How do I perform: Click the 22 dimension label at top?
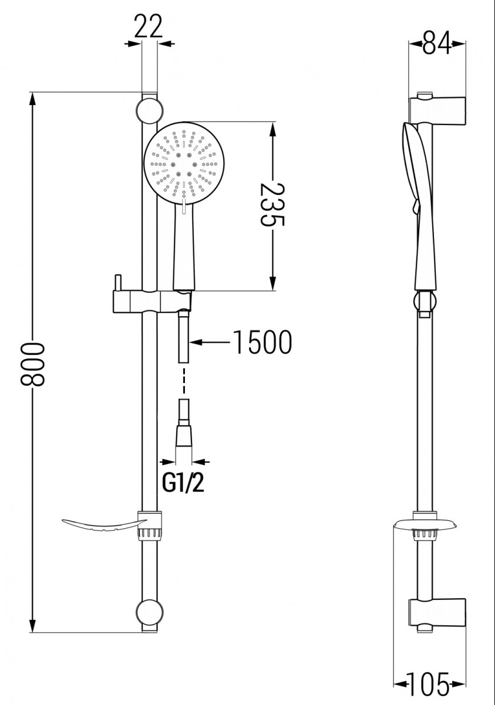pos(148,26)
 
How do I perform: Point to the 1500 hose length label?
pos(262,343)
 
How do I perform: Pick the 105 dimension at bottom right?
pos(430,683)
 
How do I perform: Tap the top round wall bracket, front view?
pos(149,110)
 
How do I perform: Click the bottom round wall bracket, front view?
pos(149,612)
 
